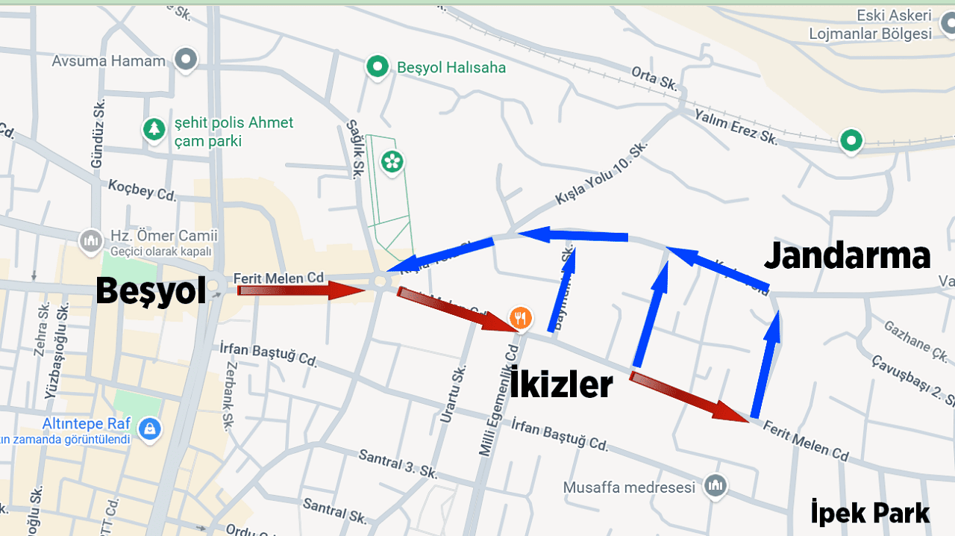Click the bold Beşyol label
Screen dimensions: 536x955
[x=151, y=290]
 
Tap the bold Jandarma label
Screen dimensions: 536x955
[x=848, y=256]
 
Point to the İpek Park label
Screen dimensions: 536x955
[x=870, y=514]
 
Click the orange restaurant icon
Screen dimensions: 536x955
[x=521, y=319]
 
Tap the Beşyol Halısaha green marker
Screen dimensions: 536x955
[x=378, y=67]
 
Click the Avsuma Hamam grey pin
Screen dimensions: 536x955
[x=185, y=60]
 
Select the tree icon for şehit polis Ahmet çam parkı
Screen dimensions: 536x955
[x=154, y=130]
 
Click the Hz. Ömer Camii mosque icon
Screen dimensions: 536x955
[x=91, y=241]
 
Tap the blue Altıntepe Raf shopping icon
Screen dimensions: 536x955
[x=150, y=429]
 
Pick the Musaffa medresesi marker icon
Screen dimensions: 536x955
[x=716, y=485]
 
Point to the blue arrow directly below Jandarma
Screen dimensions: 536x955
[x=765, y=365]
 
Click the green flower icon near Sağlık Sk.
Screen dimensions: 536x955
[x=392, y=161]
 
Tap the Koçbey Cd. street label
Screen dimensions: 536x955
[x=142, y=190]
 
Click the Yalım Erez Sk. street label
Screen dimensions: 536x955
[x=736, y=126]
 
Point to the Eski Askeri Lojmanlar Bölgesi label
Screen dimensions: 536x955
[x=870, y=25]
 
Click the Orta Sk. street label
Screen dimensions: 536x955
[x=654, y=78]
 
